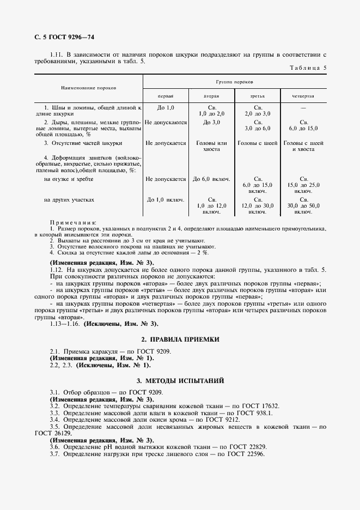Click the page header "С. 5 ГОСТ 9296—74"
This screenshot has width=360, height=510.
click(x=60, y=38)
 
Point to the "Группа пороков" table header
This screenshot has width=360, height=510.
click(x=235, y=81)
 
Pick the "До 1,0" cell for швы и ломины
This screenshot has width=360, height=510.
click(x=165, y=107)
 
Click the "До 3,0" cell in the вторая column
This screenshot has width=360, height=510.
click(x=211, y=123)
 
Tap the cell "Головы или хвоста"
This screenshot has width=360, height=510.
click(x=211, y=145)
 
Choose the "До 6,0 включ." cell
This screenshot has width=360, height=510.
click(x=211, y=179)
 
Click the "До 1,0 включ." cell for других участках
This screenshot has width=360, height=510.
click(x=165, y=199)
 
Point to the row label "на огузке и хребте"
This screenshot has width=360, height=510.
click(x=69, y=179)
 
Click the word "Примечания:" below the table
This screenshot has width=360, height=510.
click(x=73, y=223)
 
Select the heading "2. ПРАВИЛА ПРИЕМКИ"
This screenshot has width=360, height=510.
click(x=180, y=339)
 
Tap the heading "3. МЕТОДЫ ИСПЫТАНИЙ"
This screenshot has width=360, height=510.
click(x=180, y=380)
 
